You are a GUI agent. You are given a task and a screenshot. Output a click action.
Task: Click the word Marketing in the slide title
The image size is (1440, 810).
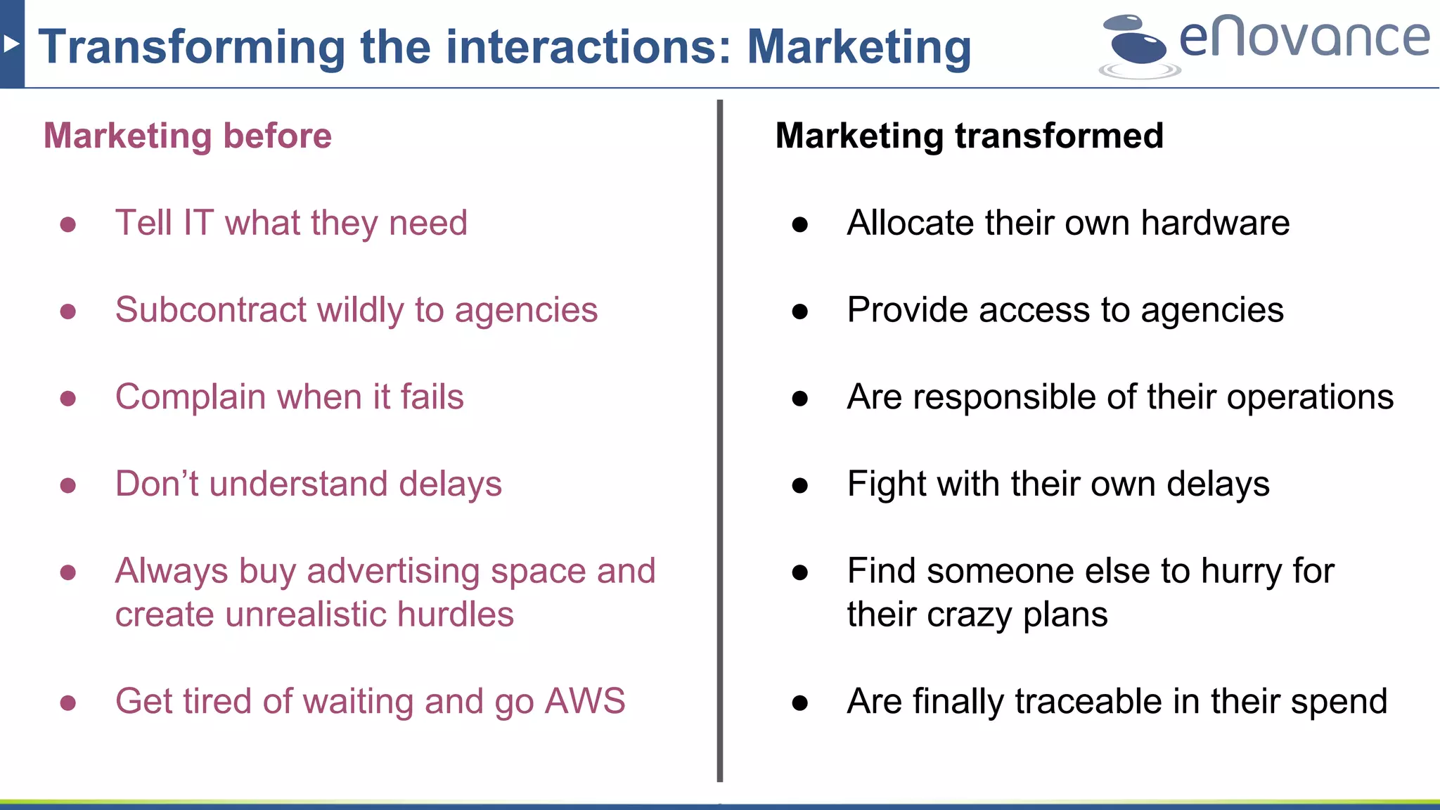point(859,48)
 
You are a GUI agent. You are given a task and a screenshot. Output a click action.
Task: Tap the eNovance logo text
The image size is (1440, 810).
point(1304,38)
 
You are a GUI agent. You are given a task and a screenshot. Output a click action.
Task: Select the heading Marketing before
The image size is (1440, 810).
point(188,136)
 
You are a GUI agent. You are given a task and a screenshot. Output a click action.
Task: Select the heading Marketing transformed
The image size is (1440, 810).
point(969,136)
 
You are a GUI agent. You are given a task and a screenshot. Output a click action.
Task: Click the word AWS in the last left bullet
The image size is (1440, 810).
point(585,701)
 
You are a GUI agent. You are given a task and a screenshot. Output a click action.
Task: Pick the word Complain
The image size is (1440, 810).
point(191,397)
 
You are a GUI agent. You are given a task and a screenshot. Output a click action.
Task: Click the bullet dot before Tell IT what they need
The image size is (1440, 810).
point(68,224)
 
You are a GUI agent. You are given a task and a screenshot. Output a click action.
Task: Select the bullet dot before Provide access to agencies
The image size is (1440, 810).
point(799,311)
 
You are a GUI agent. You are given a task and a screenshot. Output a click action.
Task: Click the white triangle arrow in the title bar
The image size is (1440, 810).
point(10,44)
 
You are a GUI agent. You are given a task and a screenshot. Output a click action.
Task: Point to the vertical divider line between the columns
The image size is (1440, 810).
point(719,436)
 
